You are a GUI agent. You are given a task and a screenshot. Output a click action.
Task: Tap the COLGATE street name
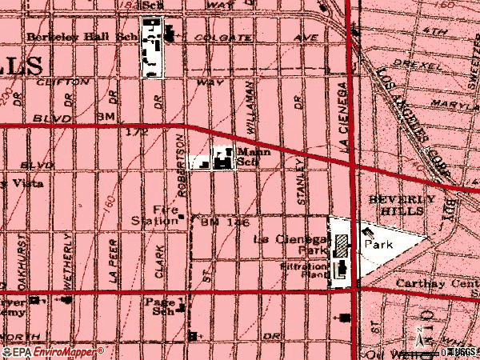click(212, 37)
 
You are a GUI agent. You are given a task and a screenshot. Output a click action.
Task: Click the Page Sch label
click(159, 307)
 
